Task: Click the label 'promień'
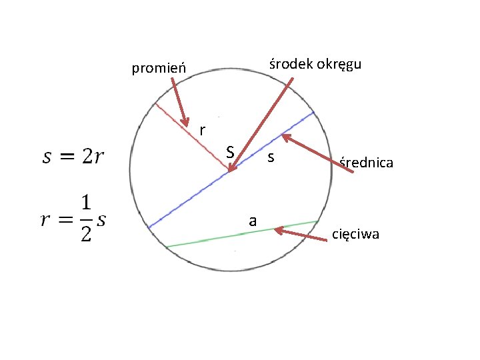[x=159, y=68]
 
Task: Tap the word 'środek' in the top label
[x=286, y=65]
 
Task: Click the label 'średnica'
[x=366, y=162]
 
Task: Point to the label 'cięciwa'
[x=355, y=234]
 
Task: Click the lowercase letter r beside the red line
[x=202, y=129]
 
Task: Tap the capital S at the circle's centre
[x=229, y=153]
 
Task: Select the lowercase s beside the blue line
[x=270, y=159]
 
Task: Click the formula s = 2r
[x=73, y=157]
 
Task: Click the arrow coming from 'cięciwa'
[x=303, y=234]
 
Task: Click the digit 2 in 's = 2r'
[x=88, y=157]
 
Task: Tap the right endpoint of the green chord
[x=317, y=221]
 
